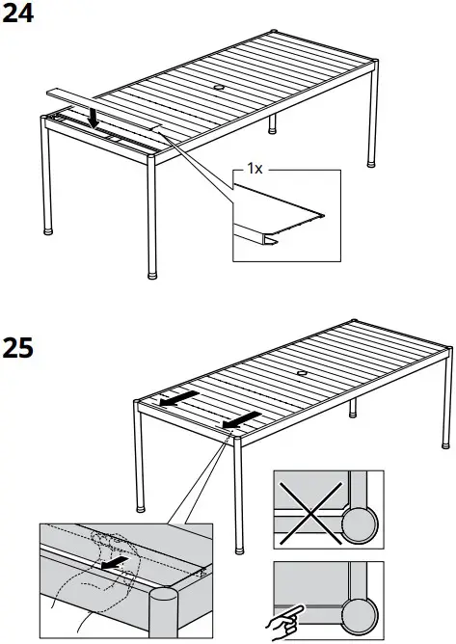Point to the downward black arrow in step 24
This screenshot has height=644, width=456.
[92, 117]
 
